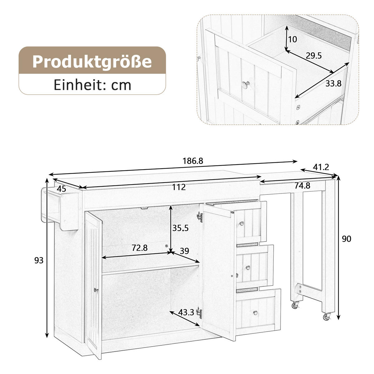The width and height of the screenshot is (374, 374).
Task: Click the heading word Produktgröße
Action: click(92, 61)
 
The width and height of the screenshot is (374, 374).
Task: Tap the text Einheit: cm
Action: click(92, 84)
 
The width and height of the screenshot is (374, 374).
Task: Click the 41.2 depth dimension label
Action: click(321, 167)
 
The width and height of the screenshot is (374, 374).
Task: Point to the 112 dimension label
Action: click(179, 187)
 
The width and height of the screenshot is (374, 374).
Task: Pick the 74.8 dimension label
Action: click(302, 186)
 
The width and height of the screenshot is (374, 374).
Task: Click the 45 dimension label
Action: click(61, 189)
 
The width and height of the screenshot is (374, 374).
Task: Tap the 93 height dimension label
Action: click(39, 260)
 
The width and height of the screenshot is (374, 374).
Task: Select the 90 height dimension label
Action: click(346, 239)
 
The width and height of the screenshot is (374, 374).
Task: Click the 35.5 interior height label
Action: click(180, 228)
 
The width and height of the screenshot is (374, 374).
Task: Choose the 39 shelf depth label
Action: click(185, 251)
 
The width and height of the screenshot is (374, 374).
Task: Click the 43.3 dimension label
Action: click(186, 312)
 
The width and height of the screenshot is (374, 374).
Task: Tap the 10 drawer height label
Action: click(293, 40)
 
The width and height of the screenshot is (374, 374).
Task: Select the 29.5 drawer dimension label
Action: click(313, 56)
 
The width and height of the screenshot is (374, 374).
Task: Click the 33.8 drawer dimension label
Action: click(333, 84)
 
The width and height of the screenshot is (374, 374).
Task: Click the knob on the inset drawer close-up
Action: click(246, 84)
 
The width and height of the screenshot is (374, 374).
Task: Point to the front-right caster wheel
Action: click(327, 317)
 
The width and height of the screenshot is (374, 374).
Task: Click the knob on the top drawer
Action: click(242, 223)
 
